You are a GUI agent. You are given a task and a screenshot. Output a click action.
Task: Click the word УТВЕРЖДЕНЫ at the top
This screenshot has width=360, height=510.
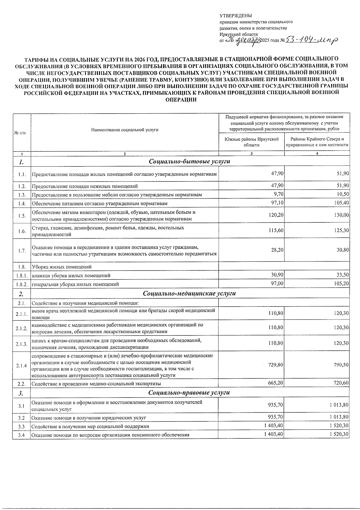point(236,16)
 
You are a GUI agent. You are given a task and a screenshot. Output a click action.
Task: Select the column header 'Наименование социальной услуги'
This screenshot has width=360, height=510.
point(125,130)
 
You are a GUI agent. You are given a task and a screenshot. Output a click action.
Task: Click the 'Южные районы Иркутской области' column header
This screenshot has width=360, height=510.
point(251,142)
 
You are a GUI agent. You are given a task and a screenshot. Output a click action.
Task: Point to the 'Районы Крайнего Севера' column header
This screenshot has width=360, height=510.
point(317,142)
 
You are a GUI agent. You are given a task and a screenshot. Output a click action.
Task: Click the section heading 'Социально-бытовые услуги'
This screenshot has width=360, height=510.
point(190,162)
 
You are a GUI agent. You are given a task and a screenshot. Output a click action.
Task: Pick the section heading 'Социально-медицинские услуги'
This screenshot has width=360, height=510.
point(190,293)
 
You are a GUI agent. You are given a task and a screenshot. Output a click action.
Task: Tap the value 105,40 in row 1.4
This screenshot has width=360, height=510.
point(342,203)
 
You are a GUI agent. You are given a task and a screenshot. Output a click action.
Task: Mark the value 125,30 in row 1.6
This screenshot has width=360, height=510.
point(342,231)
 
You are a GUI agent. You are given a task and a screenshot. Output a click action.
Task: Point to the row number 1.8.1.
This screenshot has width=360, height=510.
point(22,275)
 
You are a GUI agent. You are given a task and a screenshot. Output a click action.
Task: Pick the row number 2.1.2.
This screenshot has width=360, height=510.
point(22,328)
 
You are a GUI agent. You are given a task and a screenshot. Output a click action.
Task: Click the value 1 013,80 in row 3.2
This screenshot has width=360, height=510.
point(339,417)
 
